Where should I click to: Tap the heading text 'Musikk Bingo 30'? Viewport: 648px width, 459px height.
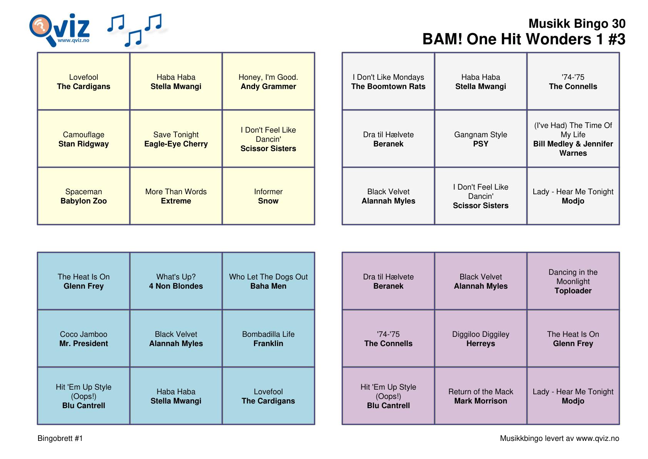pyautogui.click(x=576, y=24)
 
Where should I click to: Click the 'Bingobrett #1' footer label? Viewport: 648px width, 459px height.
pyautogui.click(x=60, y=438)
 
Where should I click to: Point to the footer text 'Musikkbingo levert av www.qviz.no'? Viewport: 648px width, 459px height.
pyautogui.click(x=559, y=438)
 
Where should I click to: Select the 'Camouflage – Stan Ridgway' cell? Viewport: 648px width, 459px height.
pyautogui.click(x=84, y=139)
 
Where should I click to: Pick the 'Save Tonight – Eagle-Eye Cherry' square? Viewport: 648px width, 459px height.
pyautogui.click(x=176, y=139)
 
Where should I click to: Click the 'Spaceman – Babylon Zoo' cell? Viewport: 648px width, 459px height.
pyautogui.click(x=84, y=196)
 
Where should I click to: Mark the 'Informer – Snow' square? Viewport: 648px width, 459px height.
pyautogui.click(x=268, y=196)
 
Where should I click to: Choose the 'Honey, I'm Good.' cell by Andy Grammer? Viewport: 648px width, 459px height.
pyautogui.click(x=268, y=82)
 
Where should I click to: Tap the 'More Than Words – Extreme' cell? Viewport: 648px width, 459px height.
pyautogui.click(x=176, y=196)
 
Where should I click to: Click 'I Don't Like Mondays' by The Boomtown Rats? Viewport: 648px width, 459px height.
pyautogui.click(x=388, y=82)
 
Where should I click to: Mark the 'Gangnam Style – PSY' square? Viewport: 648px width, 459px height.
pyautogui.click(x=481, y=139)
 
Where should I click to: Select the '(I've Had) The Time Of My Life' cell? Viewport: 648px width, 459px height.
pyautogui.click(x=573, y=139)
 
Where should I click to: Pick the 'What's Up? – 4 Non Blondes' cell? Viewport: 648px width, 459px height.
pyautogui.click(x=176, y=281)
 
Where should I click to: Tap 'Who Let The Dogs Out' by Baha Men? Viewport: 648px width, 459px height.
pyautogui.click(x=268, y=281)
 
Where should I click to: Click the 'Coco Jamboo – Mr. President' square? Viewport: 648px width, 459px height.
pyautogui.click(x=84, y=339)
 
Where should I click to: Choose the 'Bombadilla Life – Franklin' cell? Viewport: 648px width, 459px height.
pyautogui.click(x=268, y=339)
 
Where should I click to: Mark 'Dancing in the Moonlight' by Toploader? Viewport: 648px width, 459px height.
pyautogui.click(x=573, y=281)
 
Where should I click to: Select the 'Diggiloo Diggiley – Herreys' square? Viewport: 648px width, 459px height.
pyautogui.click(x=481, y=339)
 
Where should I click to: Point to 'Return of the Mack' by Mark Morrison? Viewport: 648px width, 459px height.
pyautogui.click(x=481, y=396)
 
